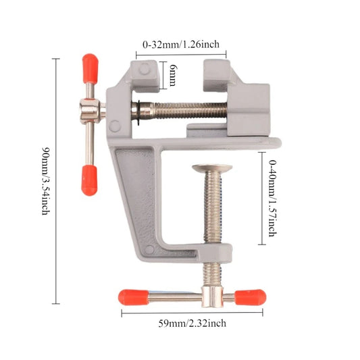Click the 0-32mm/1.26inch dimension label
point(181,45)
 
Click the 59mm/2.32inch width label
point(193,323)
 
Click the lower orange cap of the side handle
point(89,180)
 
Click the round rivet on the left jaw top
point(145,68)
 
